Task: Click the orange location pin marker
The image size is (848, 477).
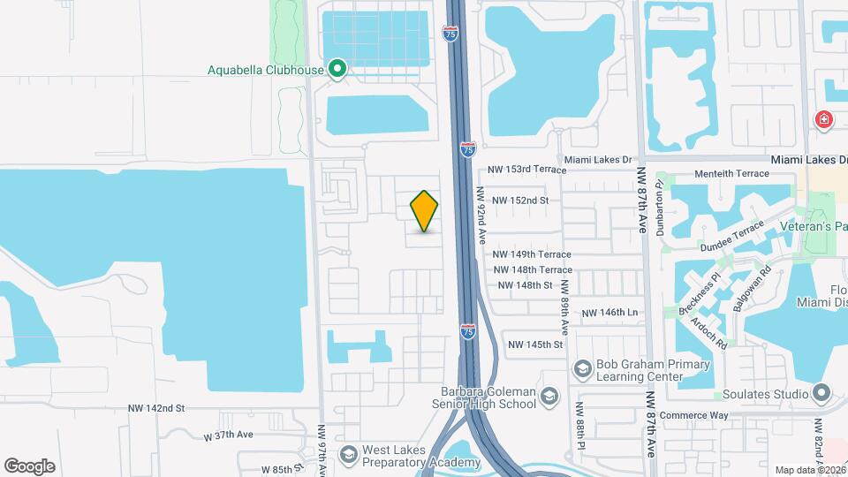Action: click(424, 211)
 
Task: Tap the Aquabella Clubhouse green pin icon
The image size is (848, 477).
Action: click(337, 68)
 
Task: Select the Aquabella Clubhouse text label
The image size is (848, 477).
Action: click(265, 70)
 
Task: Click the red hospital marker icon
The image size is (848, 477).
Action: click(824, 119)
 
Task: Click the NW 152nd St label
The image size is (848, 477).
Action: click(520, 201)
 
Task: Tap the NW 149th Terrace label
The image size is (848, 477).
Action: click(533, 254)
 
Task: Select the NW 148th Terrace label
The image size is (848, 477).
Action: click(533, 269)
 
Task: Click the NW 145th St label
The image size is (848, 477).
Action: click(534, 344)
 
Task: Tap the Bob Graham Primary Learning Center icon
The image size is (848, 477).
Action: click(582, 367)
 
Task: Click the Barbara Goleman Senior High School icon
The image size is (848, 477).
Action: click(549, 395)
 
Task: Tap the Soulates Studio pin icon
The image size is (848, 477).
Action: click(822, 392)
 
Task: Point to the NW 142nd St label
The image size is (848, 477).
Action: click(155, 408)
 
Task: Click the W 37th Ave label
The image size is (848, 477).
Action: click(228, 435)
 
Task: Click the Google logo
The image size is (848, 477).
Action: click(29, 466)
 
